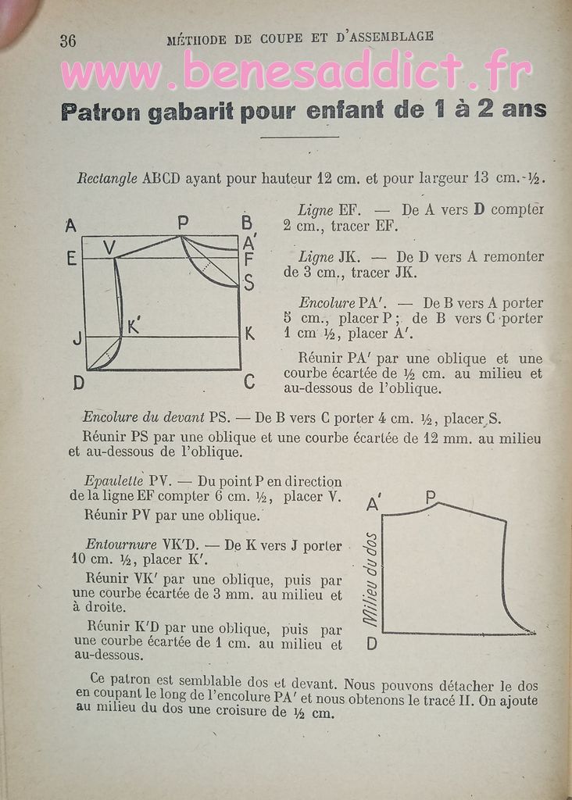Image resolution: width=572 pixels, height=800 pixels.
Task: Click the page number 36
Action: click(68, 41)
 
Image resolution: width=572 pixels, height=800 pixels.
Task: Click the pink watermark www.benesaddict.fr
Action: click(296, 73)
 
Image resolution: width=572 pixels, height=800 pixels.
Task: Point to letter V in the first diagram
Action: click(109, 247)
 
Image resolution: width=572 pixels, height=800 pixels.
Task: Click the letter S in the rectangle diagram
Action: click(248, 283)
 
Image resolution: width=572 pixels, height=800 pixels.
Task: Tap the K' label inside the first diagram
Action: click(134, 327)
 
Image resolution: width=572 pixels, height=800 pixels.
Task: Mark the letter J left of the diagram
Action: click(77, 339)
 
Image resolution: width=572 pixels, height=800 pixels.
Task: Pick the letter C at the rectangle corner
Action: click(248, 382)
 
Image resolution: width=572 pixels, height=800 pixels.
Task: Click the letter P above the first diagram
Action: click(183, 223)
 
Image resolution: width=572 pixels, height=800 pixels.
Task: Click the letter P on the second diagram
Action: click(431, 495)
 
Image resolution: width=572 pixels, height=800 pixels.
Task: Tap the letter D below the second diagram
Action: click(372, 644)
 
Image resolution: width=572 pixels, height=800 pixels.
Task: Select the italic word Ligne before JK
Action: click(315, 256)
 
